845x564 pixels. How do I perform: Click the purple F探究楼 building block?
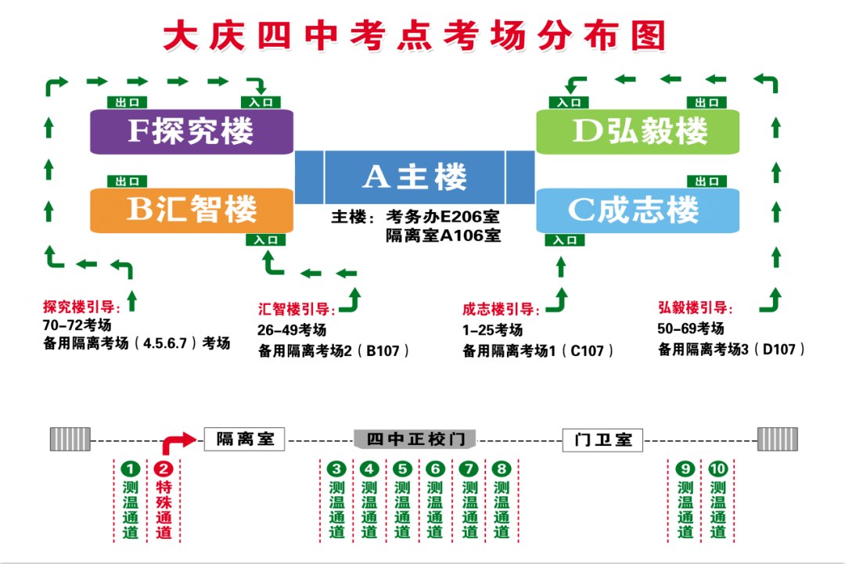point(191,131)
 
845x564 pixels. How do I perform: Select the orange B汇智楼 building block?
point(191,210)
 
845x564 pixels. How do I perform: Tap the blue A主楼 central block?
point(415,178)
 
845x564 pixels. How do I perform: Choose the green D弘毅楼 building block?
point(638,131)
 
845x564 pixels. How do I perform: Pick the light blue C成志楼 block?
point(638,210)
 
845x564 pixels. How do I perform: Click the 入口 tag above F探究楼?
point(261,102)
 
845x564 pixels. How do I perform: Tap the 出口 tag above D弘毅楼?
point(707,102)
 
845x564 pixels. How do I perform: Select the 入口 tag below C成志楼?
point(565,240)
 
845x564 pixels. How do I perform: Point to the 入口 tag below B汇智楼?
point(265,240)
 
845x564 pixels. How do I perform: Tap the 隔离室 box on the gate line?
point(244,439)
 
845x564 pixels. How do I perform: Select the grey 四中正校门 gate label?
point(415,439)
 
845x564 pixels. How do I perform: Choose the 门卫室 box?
point(602,440)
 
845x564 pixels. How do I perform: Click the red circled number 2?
point(164,469)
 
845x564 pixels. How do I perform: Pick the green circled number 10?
point(718,469)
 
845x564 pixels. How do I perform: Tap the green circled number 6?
point(435,469)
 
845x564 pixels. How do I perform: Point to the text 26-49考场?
point(292,330)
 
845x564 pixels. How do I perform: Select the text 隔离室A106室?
point(443,235)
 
